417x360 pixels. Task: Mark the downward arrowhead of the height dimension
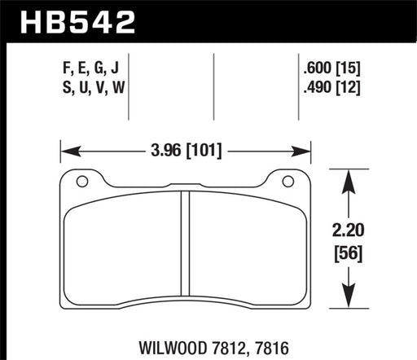point(348,304)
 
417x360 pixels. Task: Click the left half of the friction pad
point(122,248)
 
